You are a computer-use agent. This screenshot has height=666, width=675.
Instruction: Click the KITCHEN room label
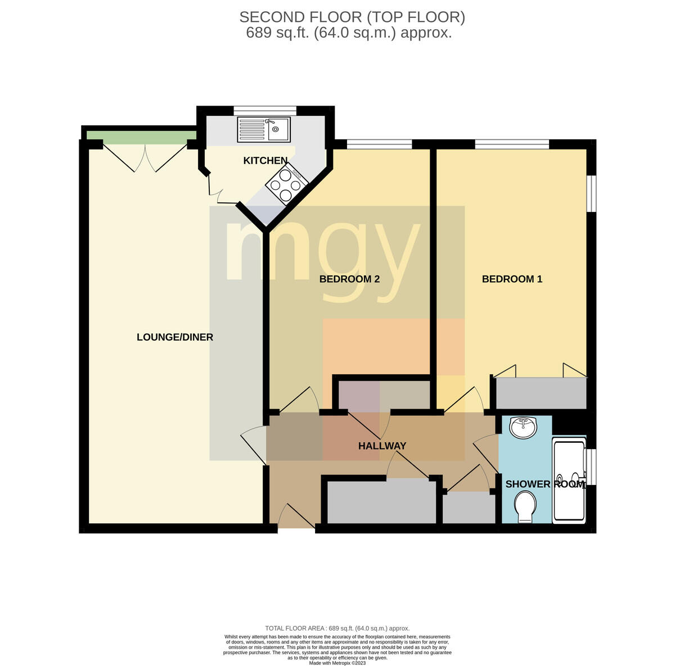click(265, 161)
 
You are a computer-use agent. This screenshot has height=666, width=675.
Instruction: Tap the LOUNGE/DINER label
click(175, 337)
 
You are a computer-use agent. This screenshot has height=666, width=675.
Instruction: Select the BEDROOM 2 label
click(349, 279)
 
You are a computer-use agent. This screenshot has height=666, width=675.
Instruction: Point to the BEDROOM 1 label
click(512, 279)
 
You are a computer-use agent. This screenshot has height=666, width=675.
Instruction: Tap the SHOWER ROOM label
click(545, 484)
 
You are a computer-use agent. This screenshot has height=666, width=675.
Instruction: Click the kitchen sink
click(264, 130)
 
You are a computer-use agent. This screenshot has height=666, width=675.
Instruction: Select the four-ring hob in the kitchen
click(287, 184)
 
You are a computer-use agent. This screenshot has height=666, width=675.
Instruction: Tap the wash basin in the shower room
click(523, 427)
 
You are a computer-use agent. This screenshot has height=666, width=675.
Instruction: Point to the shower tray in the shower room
click(569, 480)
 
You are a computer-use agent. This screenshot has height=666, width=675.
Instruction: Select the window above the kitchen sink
click(265, 110)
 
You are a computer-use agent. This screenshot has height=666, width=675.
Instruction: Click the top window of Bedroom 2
click(379, 144)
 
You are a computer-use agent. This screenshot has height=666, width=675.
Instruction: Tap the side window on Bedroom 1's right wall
click(592, 194)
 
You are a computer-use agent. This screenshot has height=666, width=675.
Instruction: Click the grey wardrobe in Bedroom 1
click(541, 393)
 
